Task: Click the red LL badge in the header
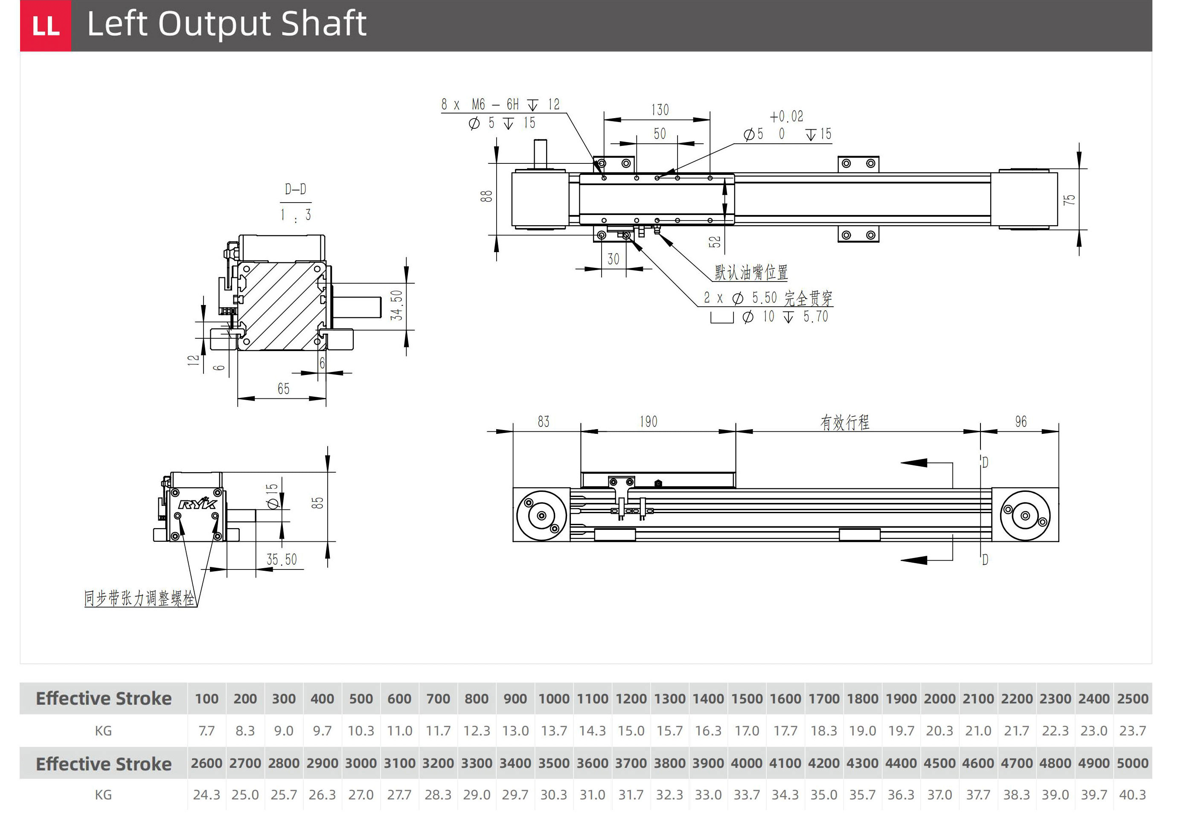pyautogui.click(x=46, y=26)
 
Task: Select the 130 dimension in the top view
pyautogui.click(x=660, y=110)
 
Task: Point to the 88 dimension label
pyautogui.click(x=486, y=196)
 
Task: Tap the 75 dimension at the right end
pyautogui.click(x=1069, y=200)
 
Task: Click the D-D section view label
pyautogui.click(x=296, y=189)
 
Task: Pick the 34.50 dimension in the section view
pyautogui.click(x=397, y=305)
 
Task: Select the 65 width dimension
pyautogui.click(x=283, y=389)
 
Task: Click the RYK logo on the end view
pyautogui.click(x=198, y=504)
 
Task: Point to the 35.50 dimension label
pyautogui.click(x=282, y=559)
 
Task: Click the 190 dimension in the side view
pyautogui.click(x=649, y=422)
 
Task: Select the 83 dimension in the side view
pyautogui.click(x=543, y=422)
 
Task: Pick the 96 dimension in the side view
pyautogui.click(x=1021, y=422)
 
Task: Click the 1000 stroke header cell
pyautogui.click(x=554, y=699)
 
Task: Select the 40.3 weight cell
pyautogui.click(x=1132, y=795)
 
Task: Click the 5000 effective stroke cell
pyautogui.click(x=1132, y=763)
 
